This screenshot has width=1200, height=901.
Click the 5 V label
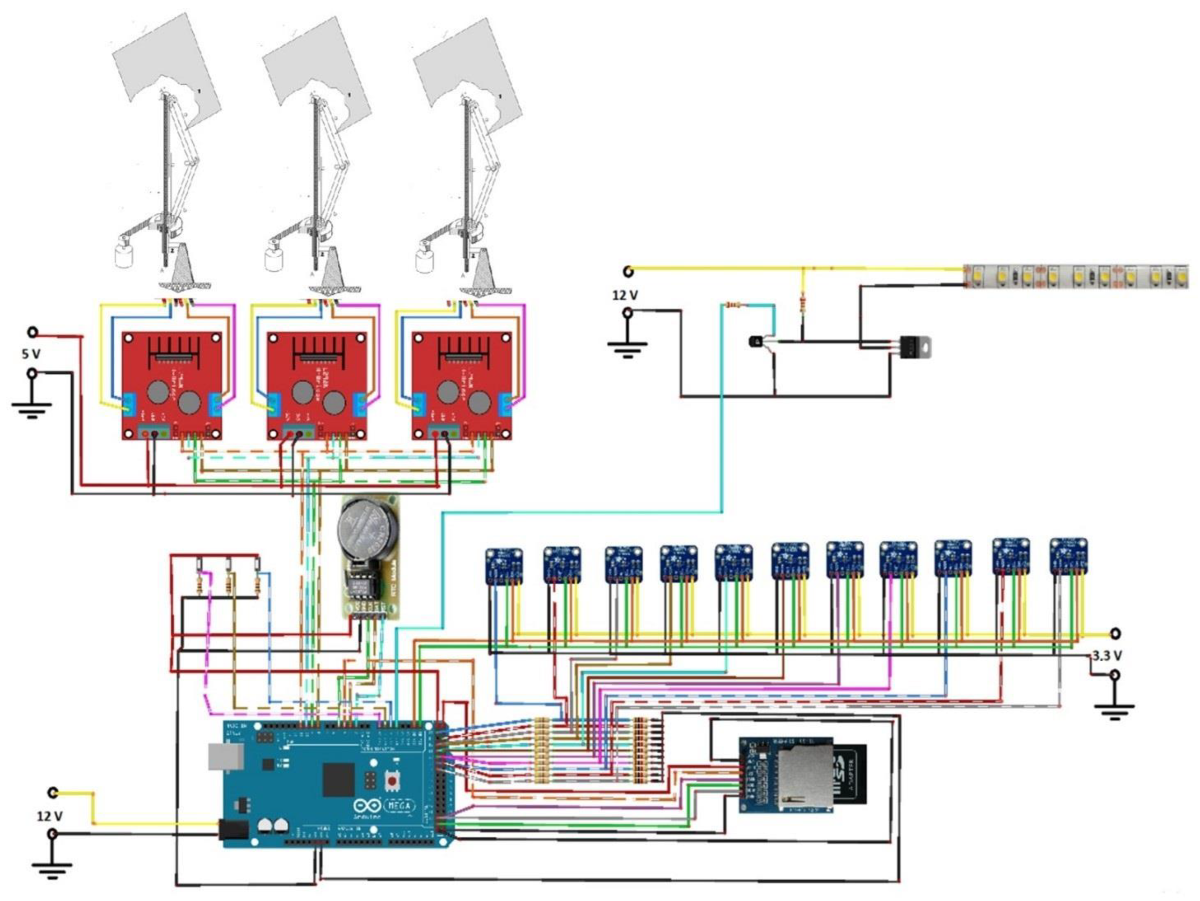(31, 354)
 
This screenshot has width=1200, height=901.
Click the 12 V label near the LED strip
(625, 295)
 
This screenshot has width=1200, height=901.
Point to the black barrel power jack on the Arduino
(234, 831)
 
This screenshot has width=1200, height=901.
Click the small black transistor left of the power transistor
(756, 341)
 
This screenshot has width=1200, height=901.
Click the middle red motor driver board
(318, 385)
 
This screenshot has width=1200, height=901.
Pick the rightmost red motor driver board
(462, 385)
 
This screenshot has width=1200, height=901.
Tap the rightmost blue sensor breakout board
(1068, 556)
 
